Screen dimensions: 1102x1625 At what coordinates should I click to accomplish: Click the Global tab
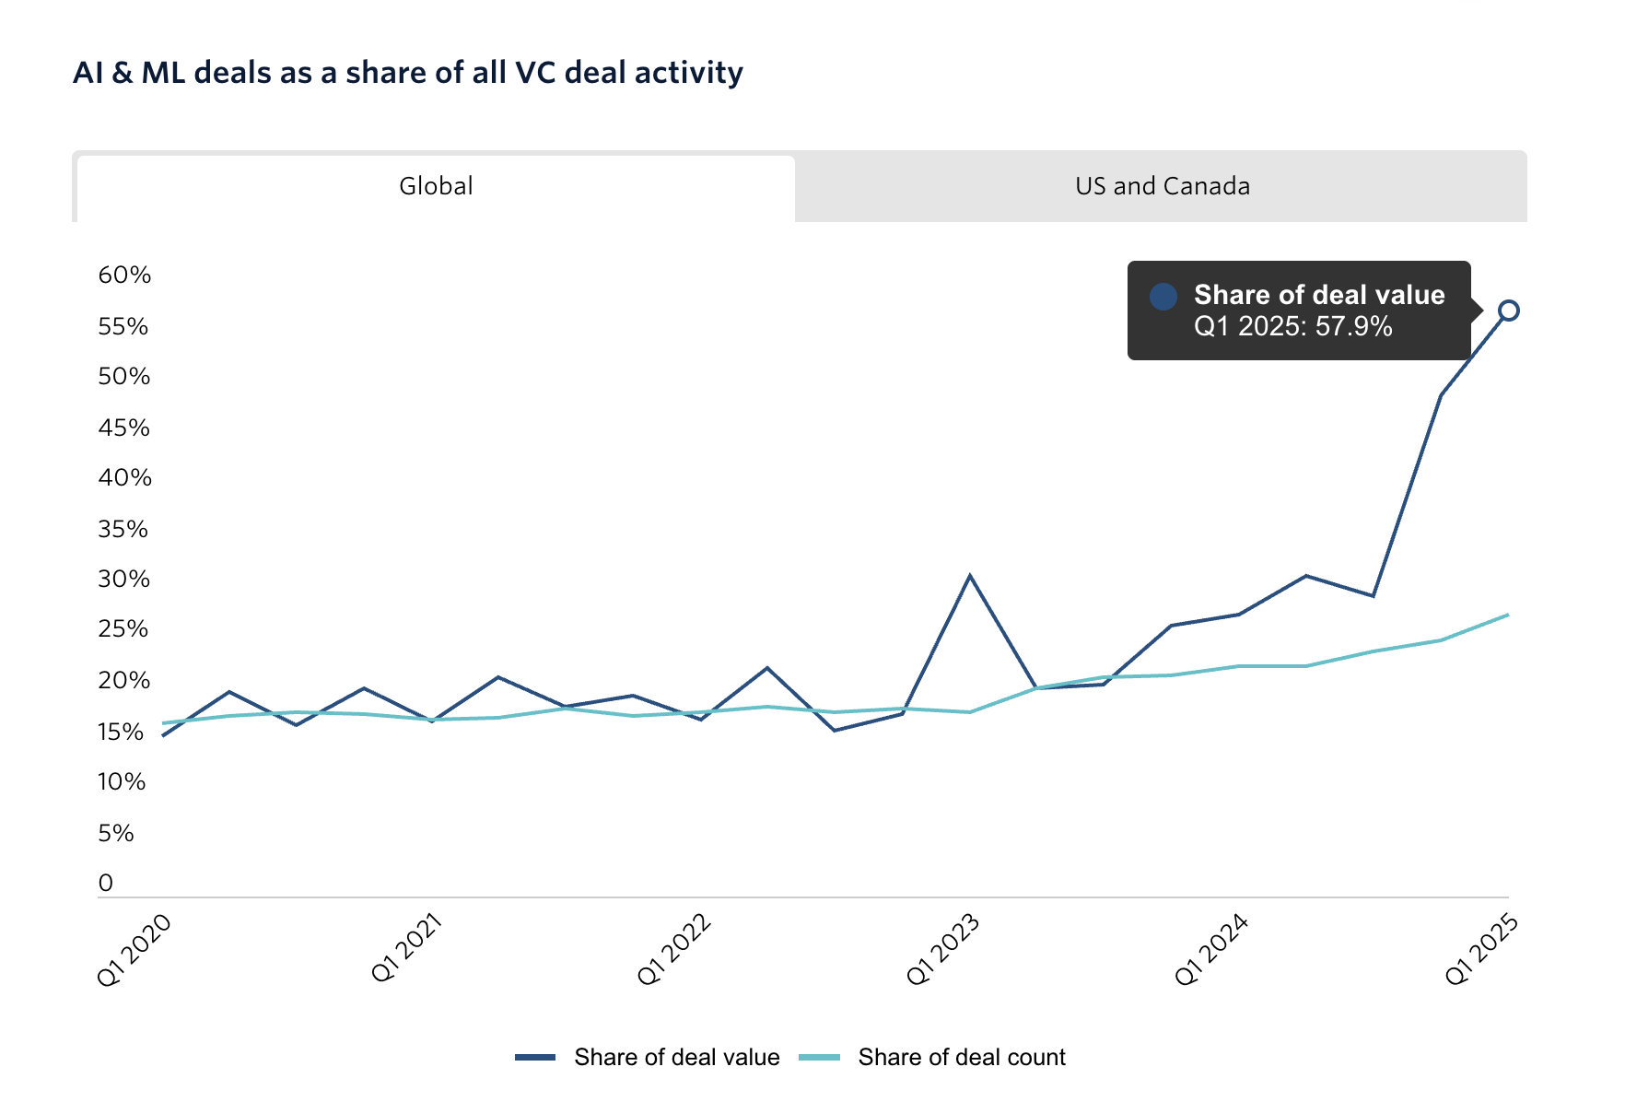436,186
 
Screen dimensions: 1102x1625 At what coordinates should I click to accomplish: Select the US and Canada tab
1162,186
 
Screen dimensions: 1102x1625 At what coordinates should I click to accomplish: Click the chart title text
407,73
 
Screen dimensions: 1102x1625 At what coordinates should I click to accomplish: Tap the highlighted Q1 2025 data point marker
1508,311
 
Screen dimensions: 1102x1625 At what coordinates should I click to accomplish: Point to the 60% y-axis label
124,275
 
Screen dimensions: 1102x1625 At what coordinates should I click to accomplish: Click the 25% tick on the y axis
123,629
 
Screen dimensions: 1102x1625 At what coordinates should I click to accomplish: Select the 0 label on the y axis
106,883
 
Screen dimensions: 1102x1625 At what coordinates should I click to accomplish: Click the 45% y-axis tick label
123,428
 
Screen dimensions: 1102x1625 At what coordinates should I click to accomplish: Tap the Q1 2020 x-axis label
134,950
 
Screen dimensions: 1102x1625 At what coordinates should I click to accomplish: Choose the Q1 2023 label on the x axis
942,950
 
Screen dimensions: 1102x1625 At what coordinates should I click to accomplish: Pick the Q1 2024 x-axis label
1211,950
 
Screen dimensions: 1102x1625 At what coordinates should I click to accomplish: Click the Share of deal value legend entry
649,1057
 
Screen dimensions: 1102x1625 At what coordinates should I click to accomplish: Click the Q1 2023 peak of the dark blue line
970,576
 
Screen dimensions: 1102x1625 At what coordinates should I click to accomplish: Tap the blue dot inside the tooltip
1163,296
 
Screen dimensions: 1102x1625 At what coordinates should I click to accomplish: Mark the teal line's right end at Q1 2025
1507,615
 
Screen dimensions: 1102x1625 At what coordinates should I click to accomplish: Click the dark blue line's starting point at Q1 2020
163,735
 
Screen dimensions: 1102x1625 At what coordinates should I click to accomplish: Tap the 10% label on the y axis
123,782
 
